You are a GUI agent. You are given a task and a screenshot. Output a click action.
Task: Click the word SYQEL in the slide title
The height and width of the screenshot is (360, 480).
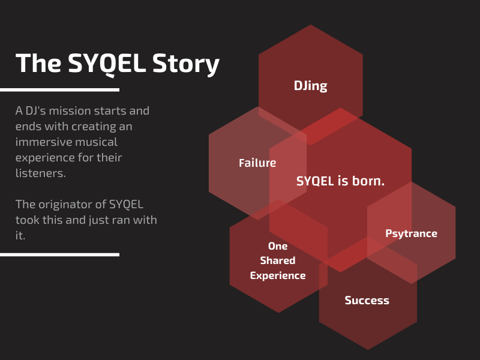[x=107, y=63]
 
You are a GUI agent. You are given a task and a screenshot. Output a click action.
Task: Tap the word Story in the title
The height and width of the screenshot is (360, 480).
[x=186, y=64]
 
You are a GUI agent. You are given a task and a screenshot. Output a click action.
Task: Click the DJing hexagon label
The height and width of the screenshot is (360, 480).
[x=310, y=86]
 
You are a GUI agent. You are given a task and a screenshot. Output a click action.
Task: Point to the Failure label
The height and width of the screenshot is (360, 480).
[x=257, y=163]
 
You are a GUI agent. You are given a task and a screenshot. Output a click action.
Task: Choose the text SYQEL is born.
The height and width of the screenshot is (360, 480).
[x=340, y=181]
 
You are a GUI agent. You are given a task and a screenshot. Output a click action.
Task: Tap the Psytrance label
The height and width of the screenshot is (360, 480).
[x=411, y=233]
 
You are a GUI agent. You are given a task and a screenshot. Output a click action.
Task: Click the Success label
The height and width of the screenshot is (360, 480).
[x=367, y=301]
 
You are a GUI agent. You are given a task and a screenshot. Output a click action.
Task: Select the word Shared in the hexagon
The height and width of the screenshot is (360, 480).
[x=278, y=260]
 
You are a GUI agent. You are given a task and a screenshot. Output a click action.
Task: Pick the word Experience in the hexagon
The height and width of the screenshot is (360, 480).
[x=278, y=275]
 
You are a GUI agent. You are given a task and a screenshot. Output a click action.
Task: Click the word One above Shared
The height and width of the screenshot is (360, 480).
[x=278, y=246]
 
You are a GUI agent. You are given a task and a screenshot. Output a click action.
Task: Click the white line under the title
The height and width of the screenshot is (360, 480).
[x=59, y=89]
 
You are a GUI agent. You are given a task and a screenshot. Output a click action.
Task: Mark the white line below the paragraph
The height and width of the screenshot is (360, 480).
[x=59, y=254]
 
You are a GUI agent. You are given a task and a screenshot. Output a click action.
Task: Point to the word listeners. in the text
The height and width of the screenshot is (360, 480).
[x=41, y=173]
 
